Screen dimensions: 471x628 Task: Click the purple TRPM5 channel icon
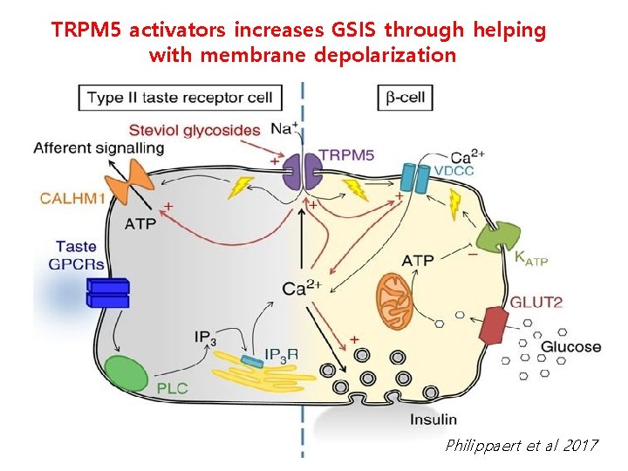[x=302, y=173]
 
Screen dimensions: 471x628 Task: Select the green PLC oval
[x=127, y=371]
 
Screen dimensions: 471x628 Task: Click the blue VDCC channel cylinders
[x=416, y=179]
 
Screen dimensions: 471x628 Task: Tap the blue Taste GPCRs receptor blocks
[x=107, y=292]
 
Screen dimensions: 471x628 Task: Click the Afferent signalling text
[x=99, y=148]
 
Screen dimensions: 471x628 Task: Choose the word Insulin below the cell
[x=433, y=420]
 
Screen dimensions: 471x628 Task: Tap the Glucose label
[x=571, y=346]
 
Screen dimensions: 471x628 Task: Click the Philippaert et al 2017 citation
[x=521, y=446]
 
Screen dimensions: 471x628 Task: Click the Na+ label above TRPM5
[x=285, y=129]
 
